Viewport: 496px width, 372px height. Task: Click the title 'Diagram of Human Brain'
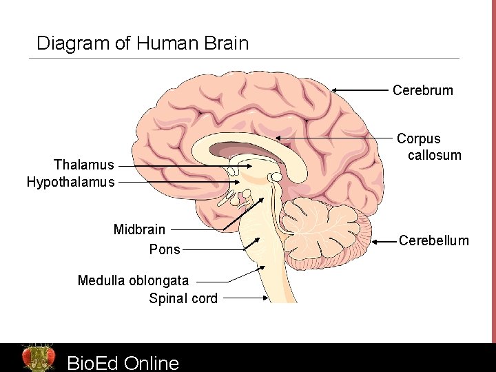142,43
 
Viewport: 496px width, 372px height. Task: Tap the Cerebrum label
422,90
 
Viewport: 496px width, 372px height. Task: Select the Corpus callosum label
428,147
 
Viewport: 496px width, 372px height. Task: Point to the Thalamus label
83,165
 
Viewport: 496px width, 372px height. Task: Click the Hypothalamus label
70,183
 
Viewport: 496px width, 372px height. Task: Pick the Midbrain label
139,229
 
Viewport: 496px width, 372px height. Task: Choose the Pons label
165,249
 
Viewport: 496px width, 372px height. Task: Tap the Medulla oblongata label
133,280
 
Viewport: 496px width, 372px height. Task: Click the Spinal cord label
183,298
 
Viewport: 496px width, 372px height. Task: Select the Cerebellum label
434,240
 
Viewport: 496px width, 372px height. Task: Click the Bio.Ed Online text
123,362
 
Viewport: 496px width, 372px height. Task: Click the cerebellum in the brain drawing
324,231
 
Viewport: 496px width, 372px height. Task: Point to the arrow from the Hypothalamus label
179,183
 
